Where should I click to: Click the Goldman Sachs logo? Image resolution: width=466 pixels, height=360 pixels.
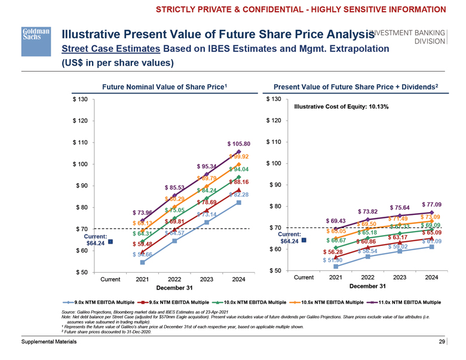pyautogui.click(x=32, y=35)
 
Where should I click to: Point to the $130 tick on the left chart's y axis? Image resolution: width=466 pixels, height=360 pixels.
pyautogui.click(x=81, y=99)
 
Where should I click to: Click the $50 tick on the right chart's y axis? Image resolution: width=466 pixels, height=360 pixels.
pyautogui.click(x=274, y=272)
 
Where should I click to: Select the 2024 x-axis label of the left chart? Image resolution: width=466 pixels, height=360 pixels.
pyautogui.click(x=238, y=279)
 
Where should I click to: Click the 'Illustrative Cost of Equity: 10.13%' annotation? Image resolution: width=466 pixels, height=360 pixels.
pyautogui.click(x=342, y=107)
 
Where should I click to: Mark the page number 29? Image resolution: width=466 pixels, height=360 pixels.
pyautogui.click(x=442, y=341)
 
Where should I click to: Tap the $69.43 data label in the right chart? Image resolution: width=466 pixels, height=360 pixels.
pyautogui.click(x=337, y=221)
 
